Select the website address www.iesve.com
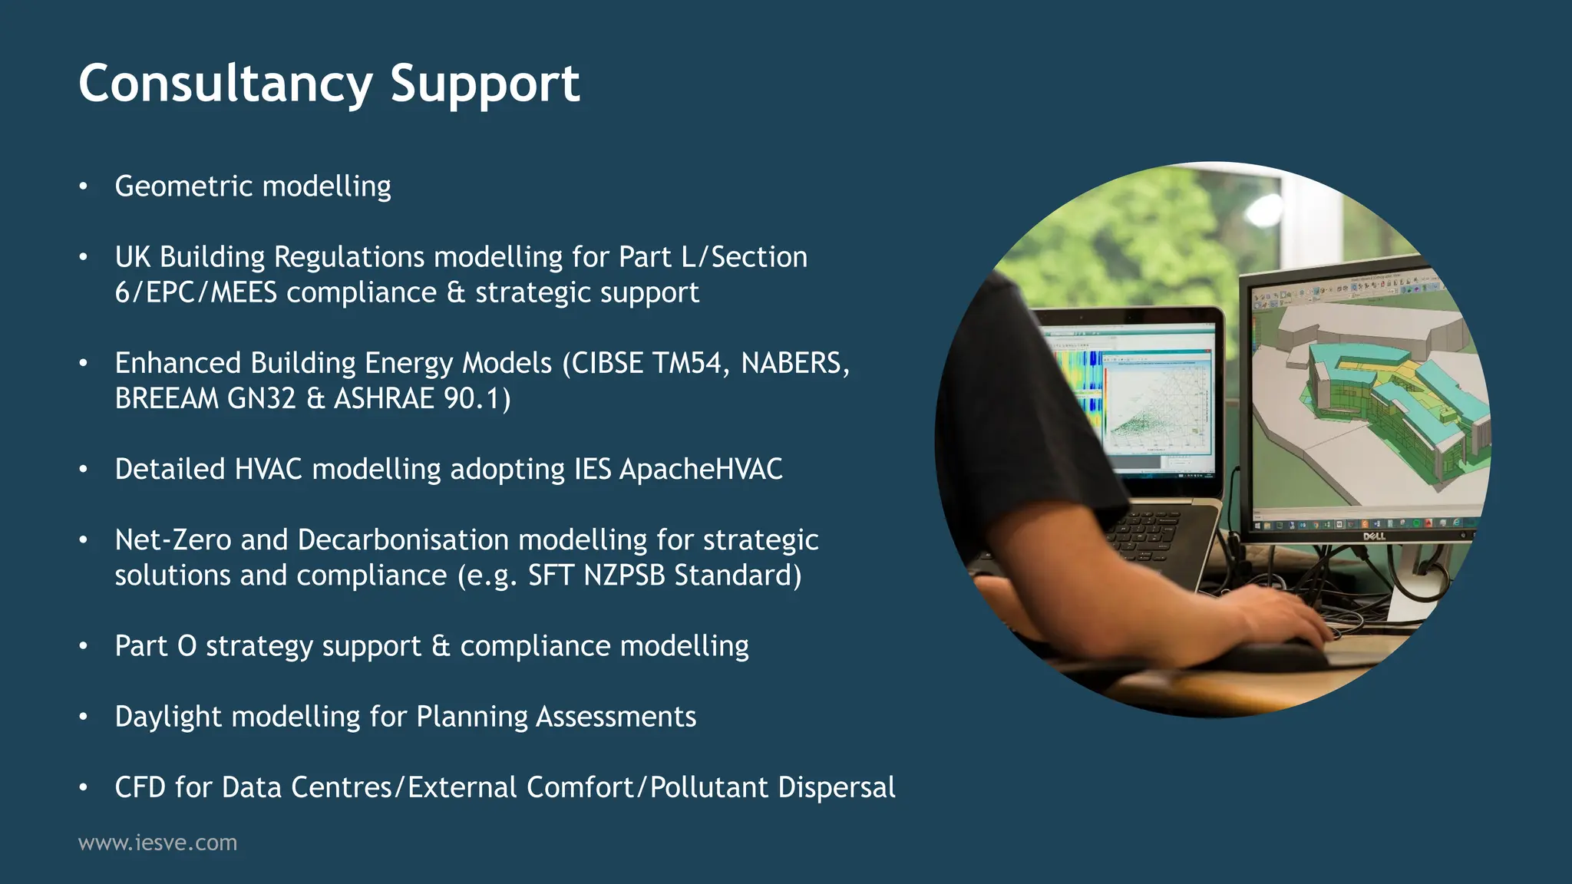coord(157,843)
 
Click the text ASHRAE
coord(384,398)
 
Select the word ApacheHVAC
coord(701,469)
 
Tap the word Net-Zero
coord(173,539)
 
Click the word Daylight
coord(168,717)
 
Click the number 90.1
coord(477,398)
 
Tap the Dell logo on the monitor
coord(1373,536)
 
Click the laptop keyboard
coord(1151,537)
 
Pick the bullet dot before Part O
coord(83,646)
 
